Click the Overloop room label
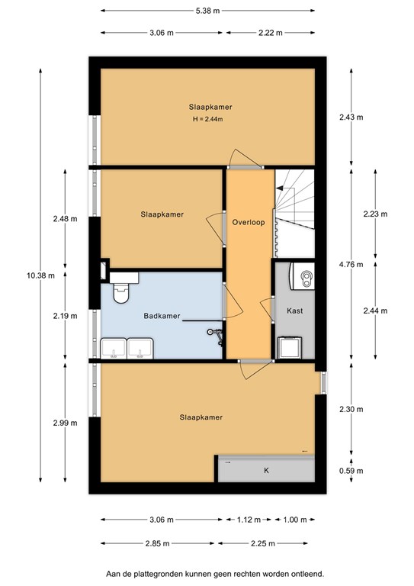[249, 222]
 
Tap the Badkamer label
[162, 316]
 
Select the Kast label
[294, 311]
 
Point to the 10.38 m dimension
[40, 275]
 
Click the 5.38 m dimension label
[207, 11]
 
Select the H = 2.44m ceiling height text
[207, 120]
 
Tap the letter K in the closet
[266, 471]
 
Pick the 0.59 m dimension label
[351, 471]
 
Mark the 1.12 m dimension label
[249, 520]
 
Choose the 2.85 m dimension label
[158, 543]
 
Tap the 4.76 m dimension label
[351, 265]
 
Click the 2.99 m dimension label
[65, 423]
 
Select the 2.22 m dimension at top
[270, 33]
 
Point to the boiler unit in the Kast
[303, 276]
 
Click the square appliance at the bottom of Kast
[290, 348]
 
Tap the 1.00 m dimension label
[295, 520]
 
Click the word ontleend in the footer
[308, 574]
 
